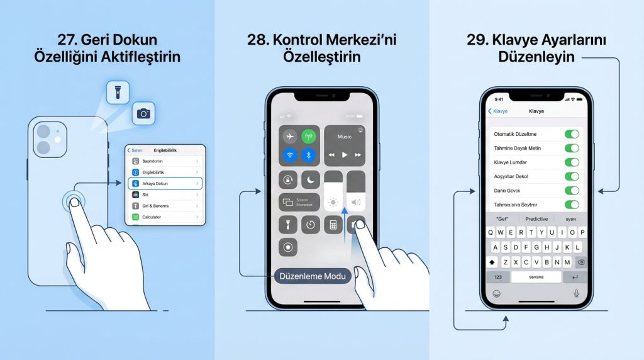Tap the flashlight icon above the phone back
117,93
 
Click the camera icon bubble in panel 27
144,113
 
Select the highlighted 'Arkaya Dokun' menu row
165,183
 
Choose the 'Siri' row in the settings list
165,194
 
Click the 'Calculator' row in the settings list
165,217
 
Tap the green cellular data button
309,137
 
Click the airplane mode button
289,137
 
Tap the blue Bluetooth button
309,155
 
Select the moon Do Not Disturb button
310,180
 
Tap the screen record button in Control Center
289,247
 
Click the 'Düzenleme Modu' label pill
313,276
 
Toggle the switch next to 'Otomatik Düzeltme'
571,134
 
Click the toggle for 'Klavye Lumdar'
571,162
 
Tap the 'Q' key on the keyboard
492,232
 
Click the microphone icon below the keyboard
576,293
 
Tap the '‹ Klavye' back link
498,111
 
